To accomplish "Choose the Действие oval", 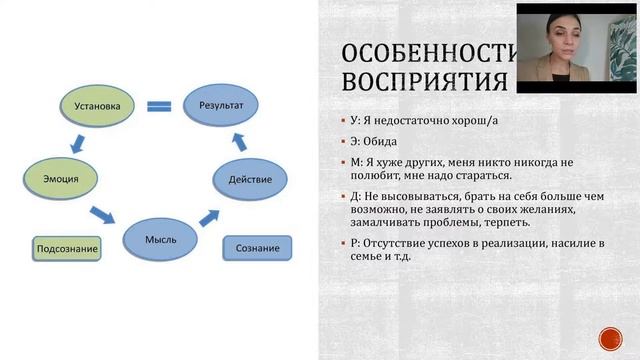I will click(x=250, y=180).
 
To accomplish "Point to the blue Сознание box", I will click(x=257, y=247).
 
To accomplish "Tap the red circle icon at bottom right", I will click(x=610, y=338).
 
